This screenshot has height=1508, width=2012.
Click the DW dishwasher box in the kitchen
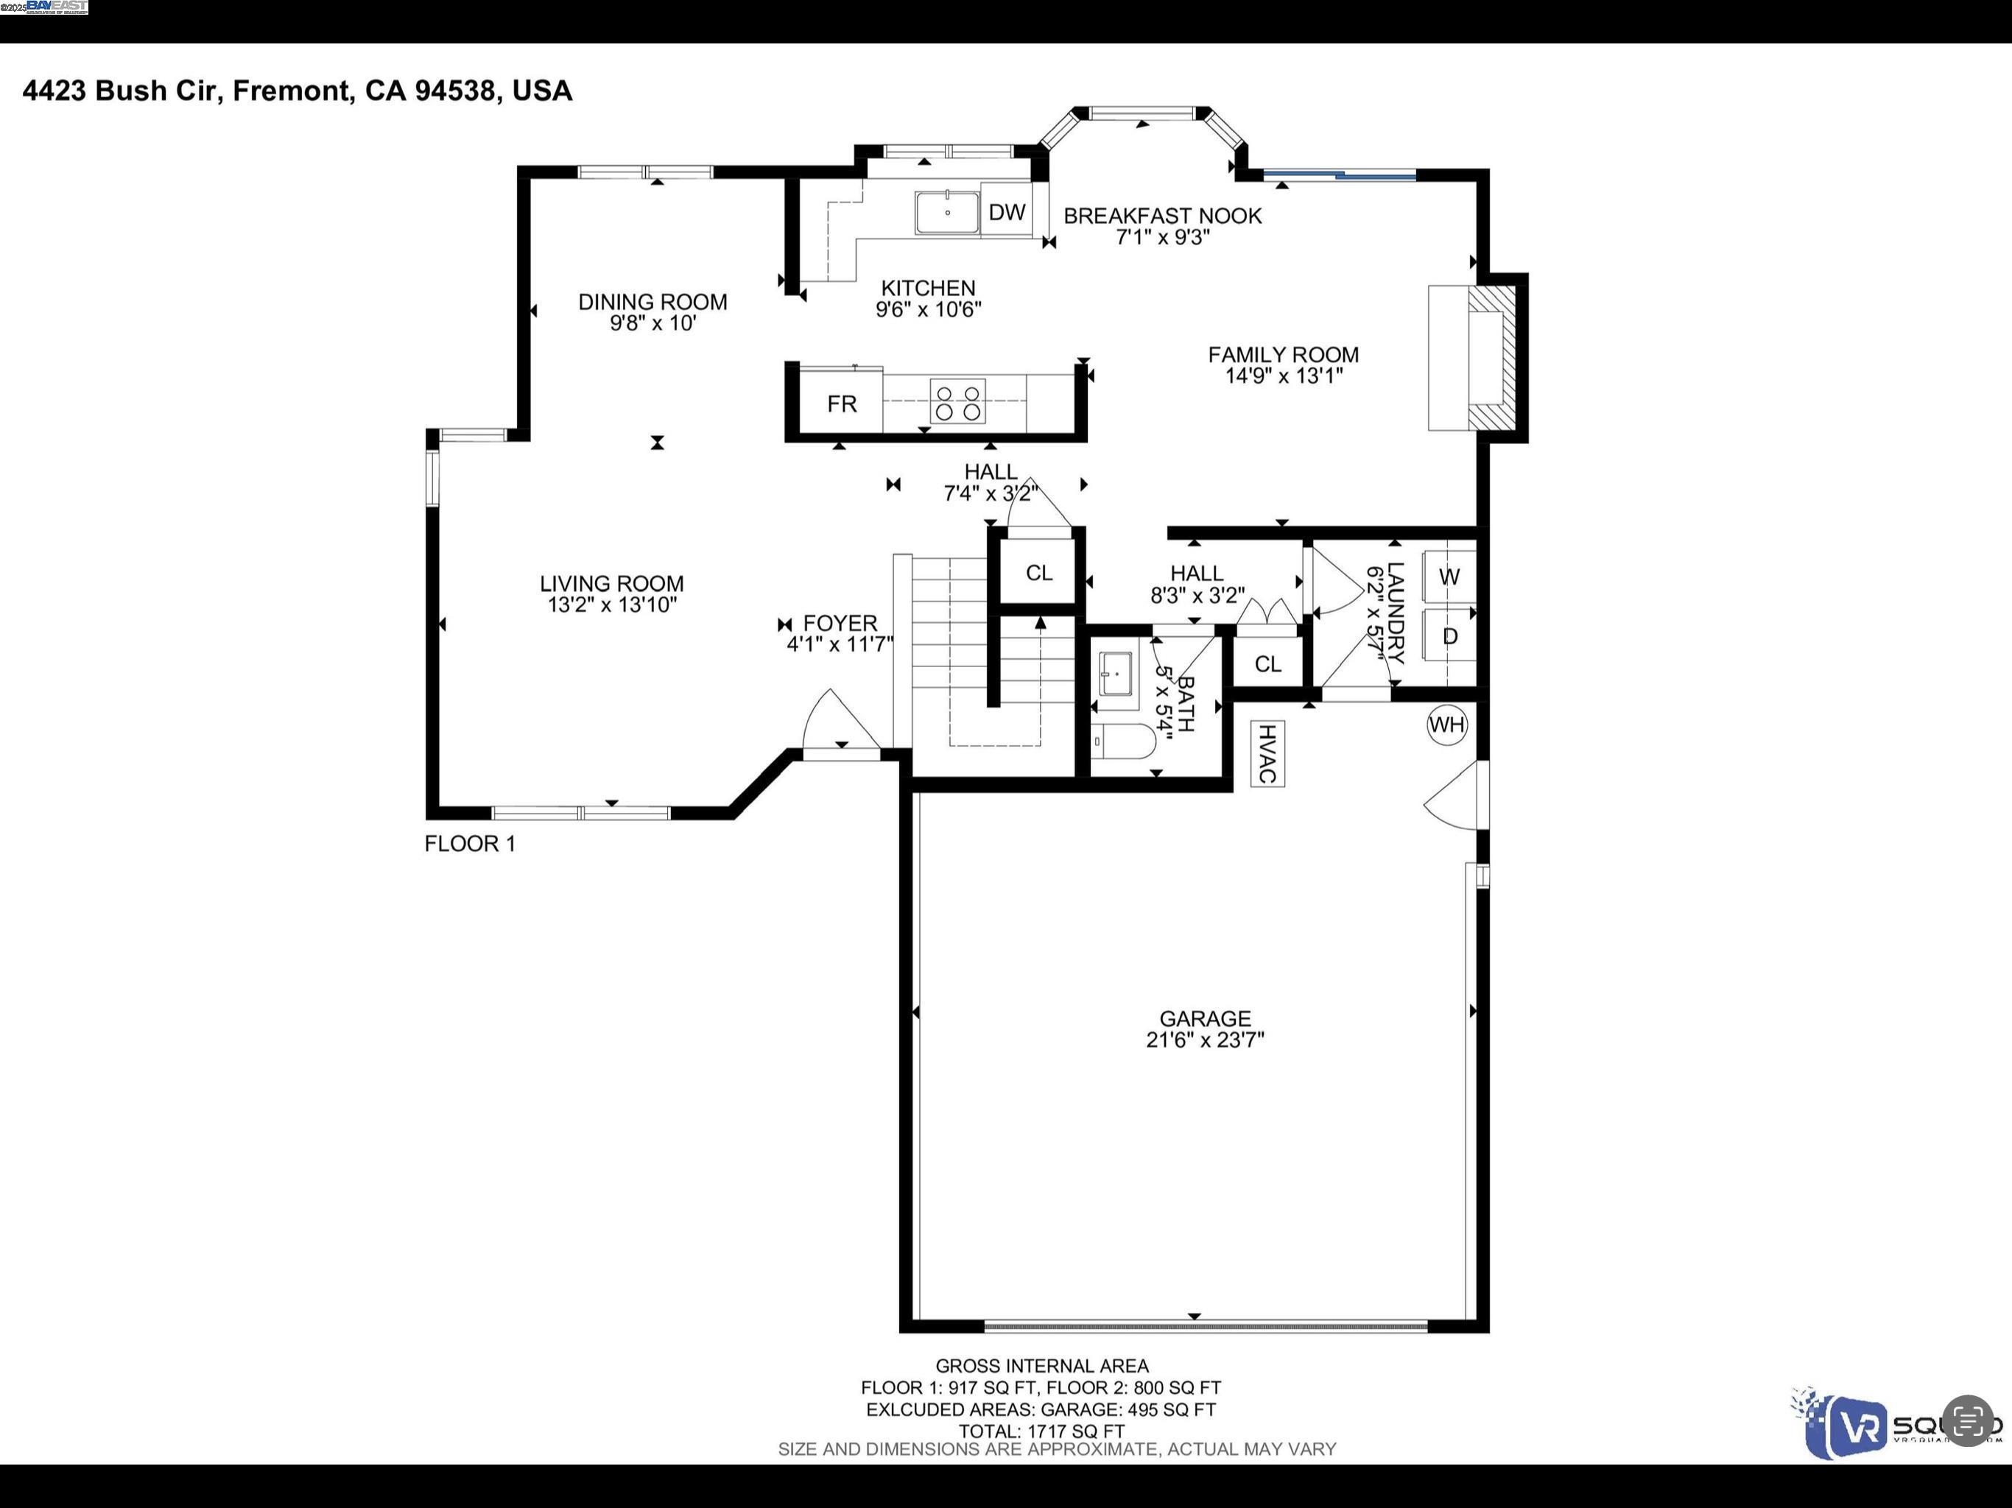[x=1006, y=212]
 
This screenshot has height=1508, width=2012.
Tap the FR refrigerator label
[x=841, y=404]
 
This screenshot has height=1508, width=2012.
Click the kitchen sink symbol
[x=947, y=213]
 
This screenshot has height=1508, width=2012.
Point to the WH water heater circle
[x=1446, y=725]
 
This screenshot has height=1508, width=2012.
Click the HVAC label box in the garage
[x=1266, y=753]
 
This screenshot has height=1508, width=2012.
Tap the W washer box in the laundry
[x=1449, y=577]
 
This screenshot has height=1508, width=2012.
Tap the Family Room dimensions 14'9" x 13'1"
[x=1284, y=376]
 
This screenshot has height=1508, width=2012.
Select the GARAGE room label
[x=1204, y=1018]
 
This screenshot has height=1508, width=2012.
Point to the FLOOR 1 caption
[x=469, y=844]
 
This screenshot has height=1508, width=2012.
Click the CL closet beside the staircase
[x=1038, y=573]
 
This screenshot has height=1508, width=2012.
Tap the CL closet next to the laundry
[x=1267, y=664]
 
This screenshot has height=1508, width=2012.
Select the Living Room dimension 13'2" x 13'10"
[x=611, y=605]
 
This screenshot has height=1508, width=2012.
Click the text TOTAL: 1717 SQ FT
[x=1041, y=1431]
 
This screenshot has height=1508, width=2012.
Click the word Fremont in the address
[x=291, y=91]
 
